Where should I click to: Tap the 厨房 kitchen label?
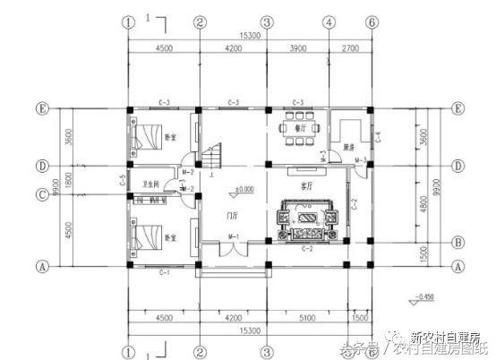click(x=348, y=146)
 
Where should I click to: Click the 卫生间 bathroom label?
click(x=150, y=184)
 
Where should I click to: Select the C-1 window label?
click(x=165, y=270)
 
